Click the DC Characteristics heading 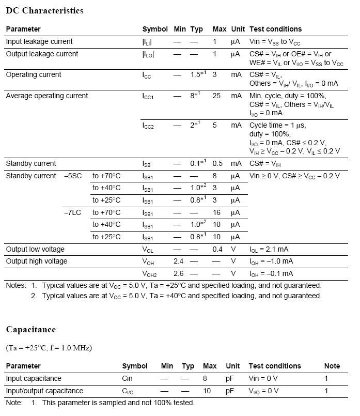[44, 11]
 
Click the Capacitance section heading [30, 330]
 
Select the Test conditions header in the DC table [275, 29]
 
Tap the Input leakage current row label [39, 41]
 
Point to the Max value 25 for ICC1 [216, 96]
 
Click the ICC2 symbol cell [148, 126]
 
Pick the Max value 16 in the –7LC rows [216, 212]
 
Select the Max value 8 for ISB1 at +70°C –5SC [214, 176]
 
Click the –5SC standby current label [73, 176]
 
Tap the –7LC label [72, 212]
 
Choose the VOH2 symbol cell [149, 274]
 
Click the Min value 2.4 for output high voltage [179, 261]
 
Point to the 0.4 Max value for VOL [217, 249]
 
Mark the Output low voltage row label [37, 249]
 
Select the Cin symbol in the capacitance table [127, 378]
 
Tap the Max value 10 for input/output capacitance [207, 391]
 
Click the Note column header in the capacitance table [332, 366]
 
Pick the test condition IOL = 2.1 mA [270, 249]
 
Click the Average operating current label [46, 96]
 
